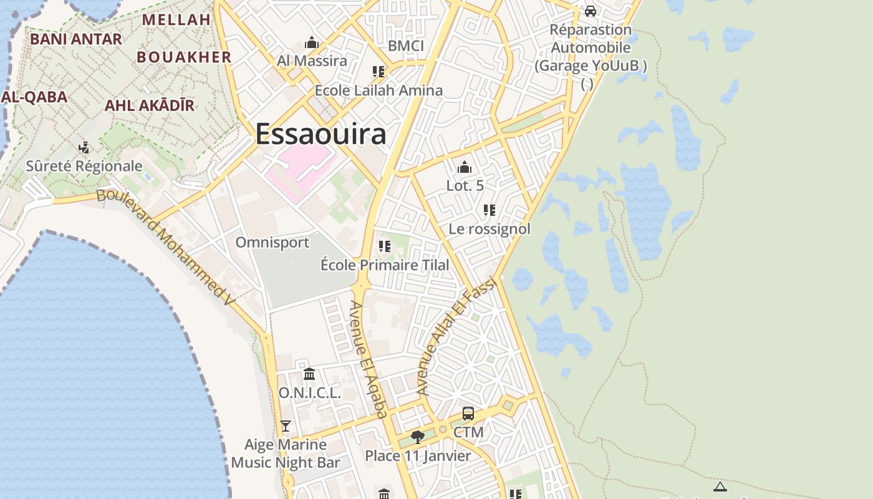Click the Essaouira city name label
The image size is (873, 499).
pyautogui.click(x=321, y=134)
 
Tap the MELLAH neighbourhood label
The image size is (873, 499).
pyautogui.click(x=176, y=19)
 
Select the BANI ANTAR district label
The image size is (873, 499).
pyautogui.click(x=76, y=39)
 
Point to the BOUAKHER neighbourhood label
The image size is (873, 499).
pyautogui.click(x=184, y=57)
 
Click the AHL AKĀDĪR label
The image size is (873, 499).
pyautogui.click(x=150, y=105)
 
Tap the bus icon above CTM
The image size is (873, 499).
pyautogui.click(x=468, y=414)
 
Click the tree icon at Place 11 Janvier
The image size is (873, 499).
pyautogui.click(x=418, y=437)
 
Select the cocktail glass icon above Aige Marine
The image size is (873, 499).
pyautogui.click(x=286, y=426)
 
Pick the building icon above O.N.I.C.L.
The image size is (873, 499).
pyautogui.click(x=309, y=374)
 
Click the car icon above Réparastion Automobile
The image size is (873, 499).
pyautogui.click(x=590, y=11)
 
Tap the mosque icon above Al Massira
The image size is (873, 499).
pyautogui.click(x=311, y=43)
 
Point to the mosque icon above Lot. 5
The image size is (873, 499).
pyautogui.click(x=465, y=167)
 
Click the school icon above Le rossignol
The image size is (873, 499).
pyautogui.click(x=490, y=210)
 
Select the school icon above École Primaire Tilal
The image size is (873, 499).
pyautogui.click(x=385, y=246)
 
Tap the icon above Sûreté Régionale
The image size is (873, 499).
pyautogui.click(x=84, y=148)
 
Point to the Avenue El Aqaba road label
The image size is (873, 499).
pyautogui.click(x=368, y=359)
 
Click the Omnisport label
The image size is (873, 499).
pyautogui.click(x=272, y=242)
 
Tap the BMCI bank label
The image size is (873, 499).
pyautogui.click(x=405, y=46)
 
